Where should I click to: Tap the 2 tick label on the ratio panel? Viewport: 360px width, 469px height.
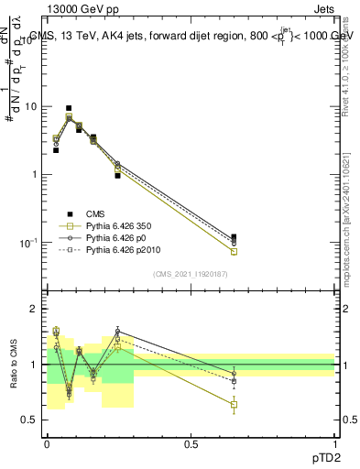pos(34,310)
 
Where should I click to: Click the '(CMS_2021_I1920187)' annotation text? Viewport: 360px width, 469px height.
pos(191,274)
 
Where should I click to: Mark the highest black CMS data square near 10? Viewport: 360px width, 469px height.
pos(69,108)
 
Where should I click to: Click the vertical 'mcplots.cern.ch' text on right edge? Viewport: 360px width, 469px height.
pos(351,229)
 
